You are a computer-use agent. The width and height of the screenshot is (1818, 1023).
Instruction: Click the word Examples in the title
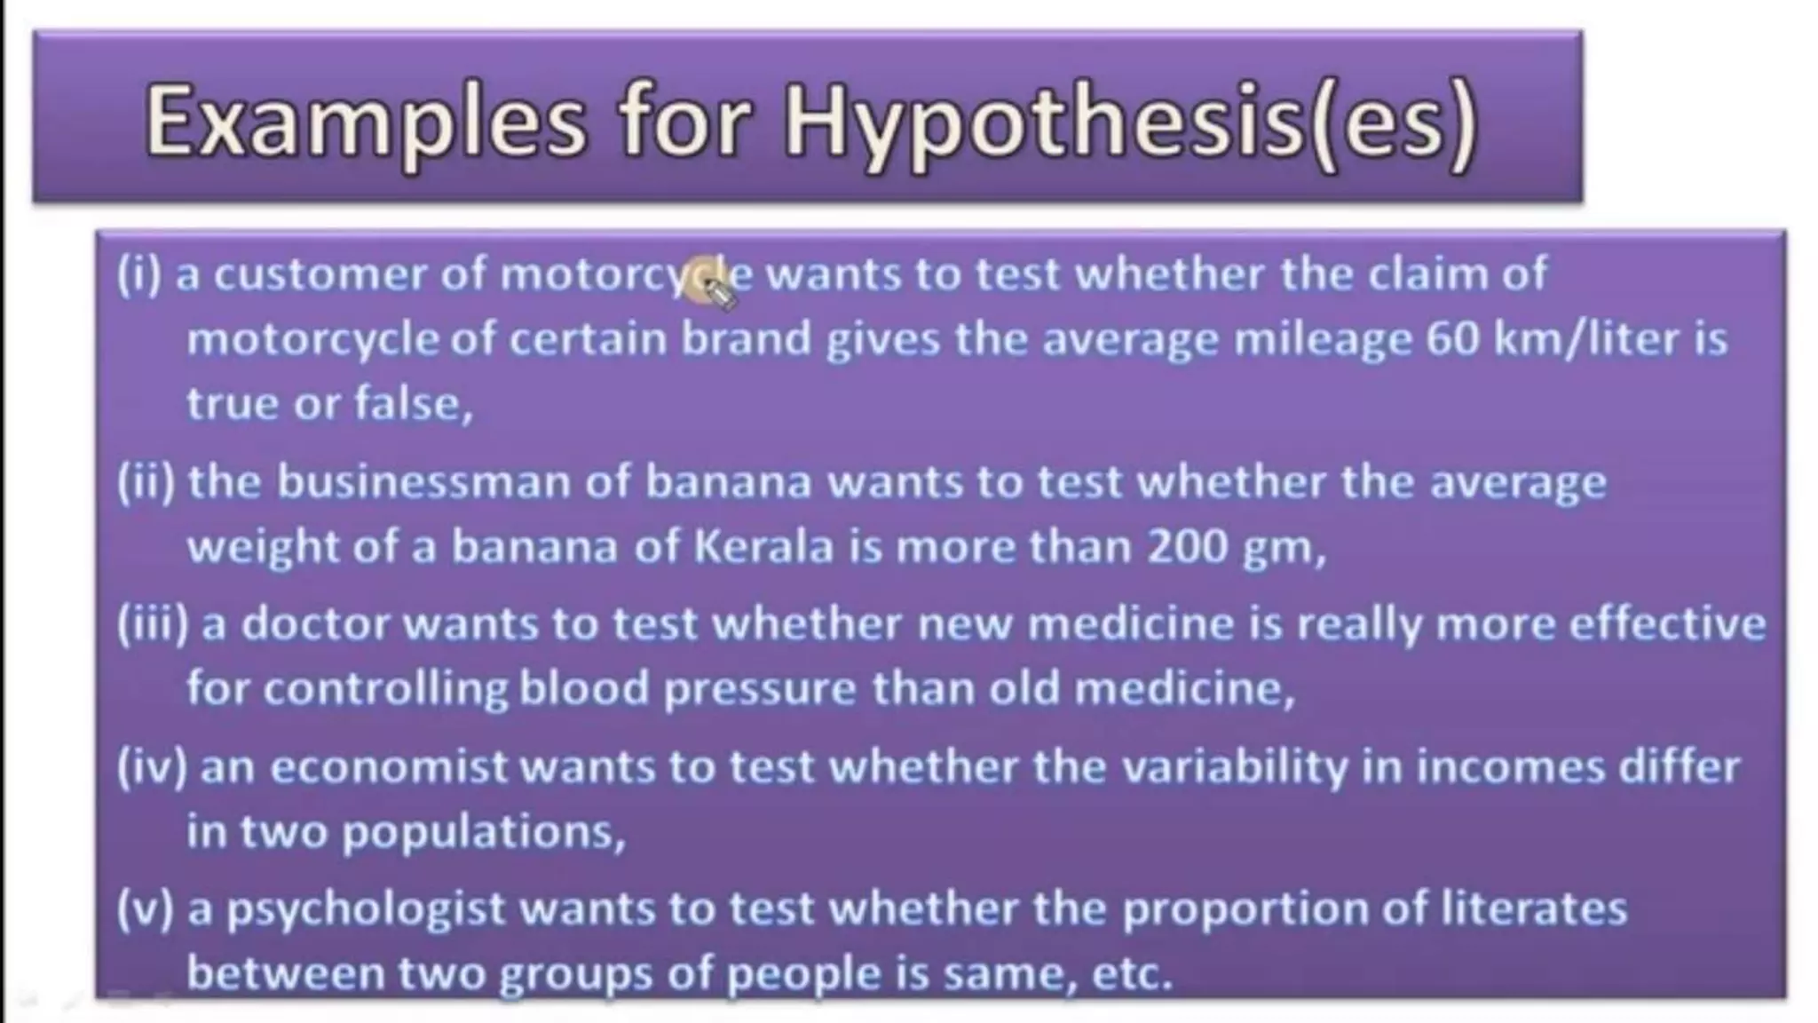click(365, 122)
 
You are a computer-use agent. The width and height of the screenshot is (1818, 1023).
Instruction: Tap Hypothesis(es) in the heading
click(1130, 122)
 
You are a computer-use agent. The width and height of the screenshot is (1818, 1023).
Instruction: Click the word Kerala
click(763, 546)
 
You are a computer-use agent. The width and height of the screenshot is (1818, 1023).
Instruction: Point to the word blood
click(583, 688)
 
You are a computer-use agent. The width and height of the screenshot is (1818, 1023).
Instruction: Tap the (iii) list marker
click(153, 624)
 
